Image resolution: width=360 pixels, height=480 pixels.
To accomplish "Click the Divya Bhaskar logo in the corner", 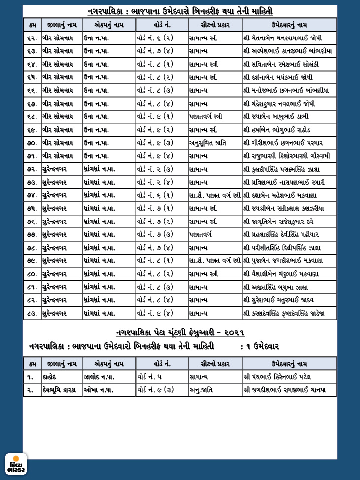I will [x=16, y=464].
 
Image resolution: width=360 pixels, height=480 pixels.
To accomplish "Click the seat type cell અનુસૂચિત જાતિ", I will [x=208, y=143].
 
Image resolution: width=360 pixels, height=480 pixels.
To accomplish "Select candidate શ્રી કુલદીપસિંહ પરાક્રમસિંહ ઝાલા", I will [x=284, y=169].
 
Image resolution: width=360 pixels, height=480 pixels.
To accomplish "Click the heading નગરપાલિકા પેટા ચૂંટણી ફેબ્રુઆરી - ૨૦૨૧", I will [x=180, y=332].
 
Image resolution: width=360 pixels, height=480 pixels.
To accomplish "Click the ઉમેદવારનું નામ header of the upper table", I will [x=289, y=24].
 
